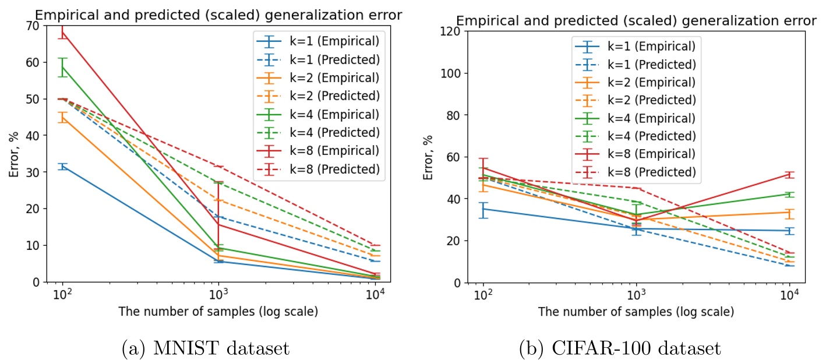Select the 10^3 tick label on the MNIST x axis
tap(218, 294)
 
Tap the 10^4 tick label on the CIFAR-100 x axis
tap(789, 295)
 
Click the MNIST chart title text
tap(218, 15)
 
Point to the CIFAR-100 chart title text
tap(636, 21)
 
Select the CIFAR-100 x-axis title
tap(636, 312)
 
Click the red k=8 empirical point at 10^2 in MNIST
tap(62, 32)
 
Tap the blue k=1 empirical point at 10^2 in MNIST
tap(62, 167)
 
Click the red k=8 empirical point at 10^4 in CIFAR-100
tap(789, 175)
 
